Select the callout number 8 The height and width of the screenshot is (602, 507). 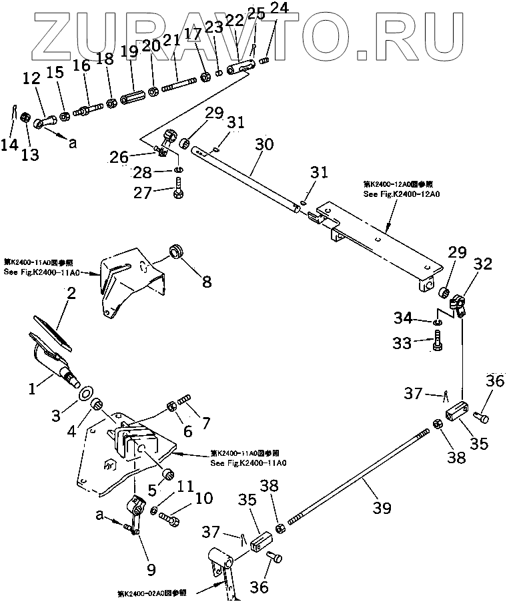(207, 282)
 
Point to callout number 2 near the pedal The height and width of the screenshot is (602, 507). (70, 292)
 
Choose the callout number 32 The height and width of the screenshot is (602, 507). (484, 264)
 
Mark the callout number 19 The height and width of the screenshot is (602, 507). (130, 51)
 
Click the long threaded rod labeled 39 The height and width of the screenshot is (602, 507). (360, 475)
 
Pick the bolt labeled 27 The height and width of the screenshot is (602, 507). (179, 192)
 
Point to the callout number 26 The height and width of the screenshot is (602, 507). (118, 158)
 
